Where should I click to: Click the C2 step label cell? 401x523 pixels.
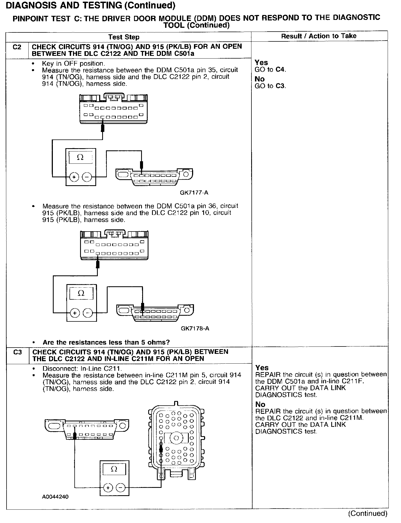click(x=17, y=47)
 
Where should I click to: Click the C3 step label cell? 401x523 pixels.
click(x=17, y=352)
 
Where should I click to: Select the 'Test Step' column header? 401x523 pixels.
click(x=124, y=37)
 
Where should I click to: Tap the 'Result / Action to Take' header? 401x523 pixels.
click(x=319, y=36)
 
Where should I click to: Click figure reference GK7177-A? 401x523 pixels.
click(x=194, y=193)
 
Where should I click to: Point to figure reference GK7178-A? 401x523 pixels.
click(x=195, y=329)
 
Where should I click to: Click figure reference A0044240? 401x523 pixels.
click(x=55, y=497)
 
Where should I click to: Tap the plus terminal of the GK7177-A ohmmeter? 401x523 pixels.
click(x=74, y=177)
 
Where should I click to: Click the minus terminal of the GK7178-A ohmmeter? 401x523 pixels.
click(x=87, y=313)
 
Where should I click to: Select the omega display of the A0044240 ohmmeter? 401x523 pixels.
click(x=114, y=469)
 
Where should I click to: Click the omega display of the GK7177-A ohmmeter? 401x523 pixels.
click(x=80, y=157)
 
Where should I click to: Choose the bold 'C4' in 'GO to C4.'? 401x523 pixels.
click(x=280, y=70)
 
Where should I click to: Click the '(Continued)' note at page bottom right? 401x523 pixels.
click(x=367, y=513)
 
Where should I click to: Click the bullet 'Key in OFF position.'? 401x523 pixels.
click(x=73, y=63)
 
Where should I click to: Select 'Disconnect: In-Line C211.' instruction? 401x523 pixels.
click(x=81, y=369)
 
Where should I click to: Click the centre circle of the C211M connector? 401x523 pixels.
click(x=176, y=438)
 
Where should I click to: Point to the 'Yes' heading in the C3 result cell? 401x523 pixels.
click(x=262, y=368)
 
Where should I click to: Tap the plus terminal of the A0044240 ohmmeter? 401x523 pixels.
click(x=108, y=487)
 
